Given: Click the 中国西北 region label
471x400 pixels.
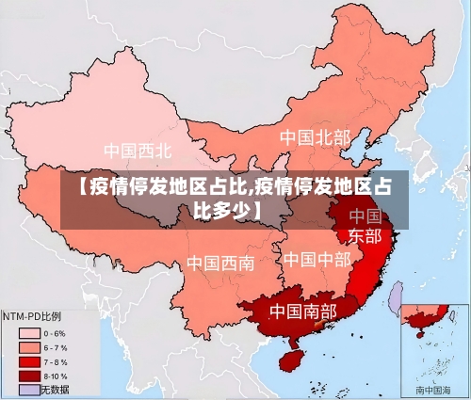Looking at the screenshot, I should point(138,150).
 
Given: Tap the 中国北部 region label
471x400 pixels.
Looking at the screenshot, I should point(315,137).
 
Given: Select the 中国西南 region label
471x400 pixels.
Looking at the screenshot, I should point(219,263).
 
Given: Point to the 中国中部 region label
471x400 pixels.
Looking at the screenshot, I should point(317,259).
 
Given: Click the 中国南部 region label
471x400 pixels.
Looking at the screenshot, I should point(302,310).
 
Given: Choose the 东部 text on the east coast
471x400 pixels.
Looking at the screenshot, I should point(365,235).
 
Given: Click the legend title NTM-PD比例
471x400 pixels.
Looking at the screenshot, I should point(32,316).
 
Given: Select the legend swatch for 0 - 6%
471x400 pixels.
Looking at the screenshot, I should point(29,333).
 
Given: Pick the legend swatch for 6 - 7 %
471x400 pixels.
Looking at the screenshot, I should point(29,347).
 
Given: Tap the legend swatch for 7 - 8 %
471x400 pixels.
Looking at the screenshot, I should point(29,361).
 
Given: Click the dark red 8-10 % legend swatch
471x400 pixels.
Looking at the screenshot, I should point(29,376).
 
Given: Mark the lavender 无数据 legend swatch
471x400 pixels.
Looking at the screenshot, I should point(29,389).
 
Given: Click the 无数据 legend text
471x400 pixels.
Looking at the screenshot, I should point(55,389).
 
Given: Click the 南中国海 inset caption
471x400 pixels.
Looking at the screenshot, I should point(433,389).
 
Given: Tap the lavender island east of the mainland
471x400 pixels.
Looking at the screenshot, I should point(397,298).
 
